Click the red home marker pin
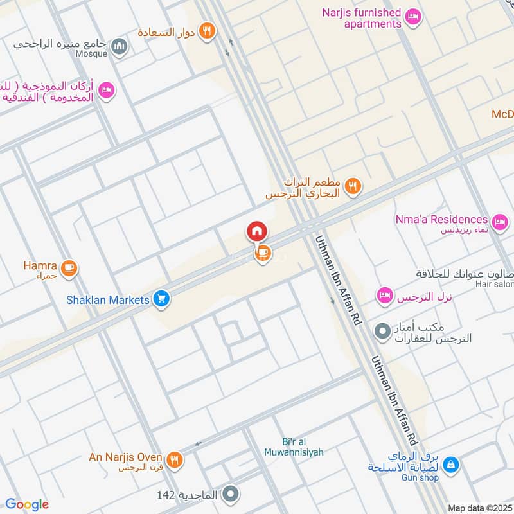pyautogui.click(x=257, y=231)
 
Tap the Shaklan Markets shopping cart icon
pyautogui.click(x=161, y=299)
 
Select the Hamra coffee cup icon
pyautogui.click(x=69, y=269)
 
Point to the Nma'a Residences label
pyautogui.click(x=441, y=220)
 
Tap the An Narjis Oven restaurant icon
pyautogui.click(x=174, y=459)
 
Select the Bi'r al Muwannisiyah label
pyautogui.click(x=294, y=447)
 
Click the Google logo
pyautogui.click(x=27, y=504)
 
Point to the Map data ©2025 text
pyautogui.click(x=479, y=508)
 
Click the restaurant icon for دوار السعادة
pyautogui.click(x=206, y=31)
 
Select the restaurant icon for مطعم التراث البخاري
pyautogui.click(x=353, y=187)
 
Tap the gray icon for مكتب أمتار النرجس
pyautogui.click(x=383, y=332)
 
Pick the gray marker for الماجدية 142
pyautogui.click(x=231, y=494)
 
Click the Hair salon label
pyautogui.click(x=494, y=284)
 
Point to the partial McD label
pyautogui.click(x=502, y=114)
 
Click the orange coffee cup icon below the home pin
pyautogui.click(x=262, y=254)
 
